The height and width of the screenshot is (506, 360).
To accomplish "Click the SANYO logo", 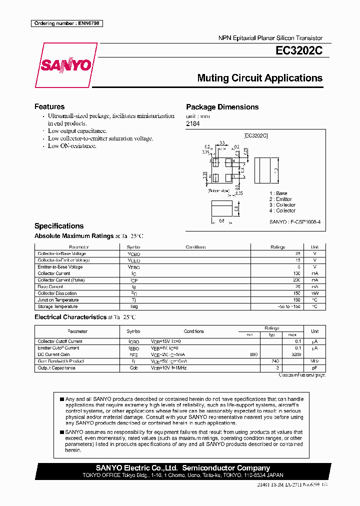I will pos(66,65).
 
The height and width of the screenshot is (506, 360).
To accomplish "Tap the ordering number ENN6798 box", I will pos(66,23).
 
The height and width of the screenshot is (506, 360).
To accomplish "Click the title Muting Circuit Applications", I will pos(259,78).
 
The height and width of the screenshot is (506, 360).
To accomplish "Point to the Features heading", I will pos(49,106).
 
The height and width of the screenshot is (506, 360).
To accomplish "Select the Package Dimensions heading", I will pos(222,107).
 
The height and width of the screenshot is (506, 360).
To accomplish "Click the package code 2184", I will pos(192,123).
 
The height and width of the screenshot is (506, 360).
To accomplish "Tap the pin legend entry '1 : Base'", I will pos(278,193).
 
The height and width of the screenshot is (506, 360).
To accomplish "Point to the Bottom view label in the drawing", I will pos(218,190).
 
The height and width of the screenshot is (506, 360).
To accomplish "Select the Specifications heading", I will pos(58,226).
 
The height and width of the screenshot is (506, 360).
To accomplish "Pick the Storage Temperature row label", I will pos(57,306).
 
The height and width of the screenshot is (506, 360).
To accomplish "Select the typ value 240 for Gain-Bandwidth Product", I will pos(274,361).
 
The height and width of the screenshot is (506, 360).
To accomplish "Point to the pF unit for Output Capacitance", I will pos(314,368).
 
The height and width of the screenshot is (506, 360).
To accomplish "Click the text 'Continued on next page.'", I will pos(301,374).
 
